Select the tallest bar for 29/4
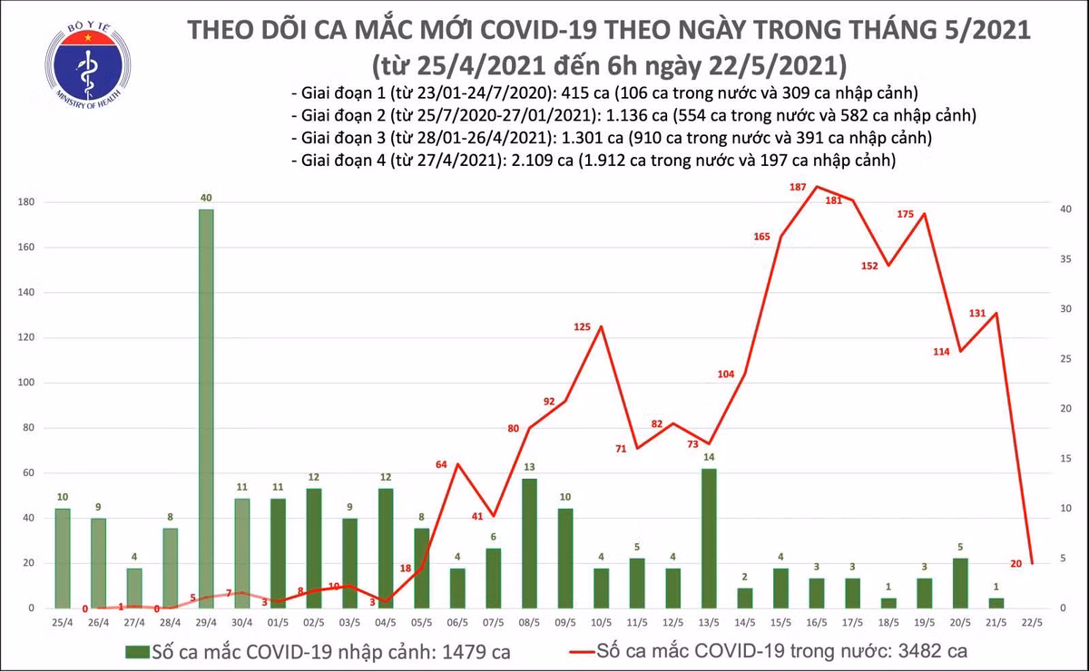(206, 408)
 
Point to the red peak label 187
(799, 188)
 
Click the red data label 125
(583, 326)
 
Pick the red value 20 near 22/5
(1016, 563)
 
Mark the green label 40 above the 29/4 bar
(206, 198)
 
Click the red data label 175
(905, 214)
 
